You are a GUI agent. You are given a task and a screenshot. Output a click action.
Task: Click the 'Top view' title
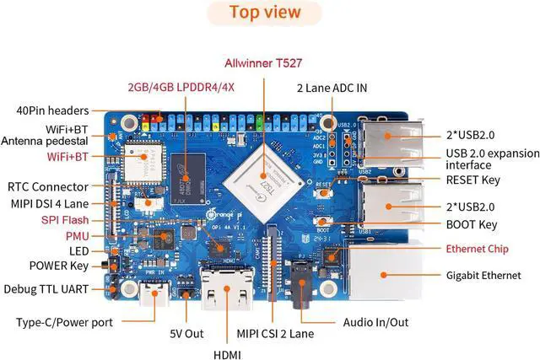pos(266,12)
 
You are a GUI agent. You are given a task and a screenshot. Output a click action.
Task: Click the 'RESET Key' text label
pos(472,180)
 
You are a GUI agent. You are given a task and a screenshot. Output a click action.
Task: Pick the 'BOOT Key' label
pos(470,225)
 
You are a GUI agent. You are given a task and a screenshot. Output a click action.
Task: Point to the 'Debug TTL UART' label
pos(48,289)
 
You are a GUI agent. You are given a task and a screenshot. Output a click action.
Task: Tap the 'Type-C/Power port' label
pos(64,322)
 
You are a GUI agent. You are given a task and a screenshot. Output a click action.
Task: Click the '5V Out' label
pos(187,333)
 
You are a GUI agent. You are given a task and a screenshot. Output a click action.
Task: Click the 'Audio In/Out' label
pos(375,322)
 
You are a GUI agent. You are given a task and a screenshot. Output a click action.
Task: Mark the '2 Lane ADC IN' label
pos(332,87)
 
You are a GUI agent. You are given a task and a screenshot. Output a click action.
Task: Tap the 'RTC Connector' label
pos(48,186)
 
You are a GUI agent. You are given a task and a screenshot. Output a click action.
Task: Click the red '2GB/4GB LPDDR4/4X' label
pos(181,87)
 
